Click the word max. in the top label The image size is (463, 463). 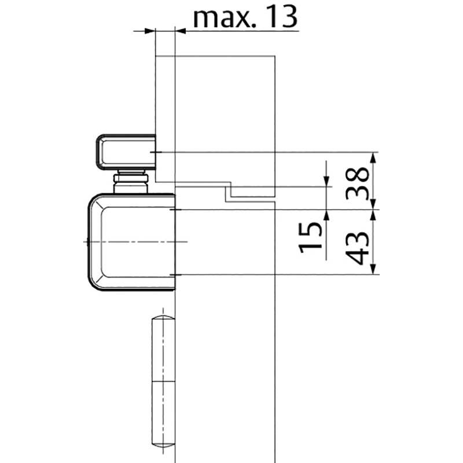click(x=225, y=19)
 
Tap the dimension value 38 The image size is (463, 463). click(x=357, y=183)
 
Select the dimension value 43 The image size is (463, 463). click(x=357, y=248)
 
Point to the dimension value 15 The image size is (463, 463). click(x=310, y=238)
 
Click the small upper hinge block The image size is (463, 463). click(x=126, y=152)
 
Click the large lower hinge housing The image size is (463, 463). click(x=132, y=242)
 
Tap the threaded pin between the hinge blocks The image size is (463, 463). click(x=131, y=181)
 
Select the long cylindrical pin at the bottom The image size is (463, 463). click(x=163, y=381)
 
